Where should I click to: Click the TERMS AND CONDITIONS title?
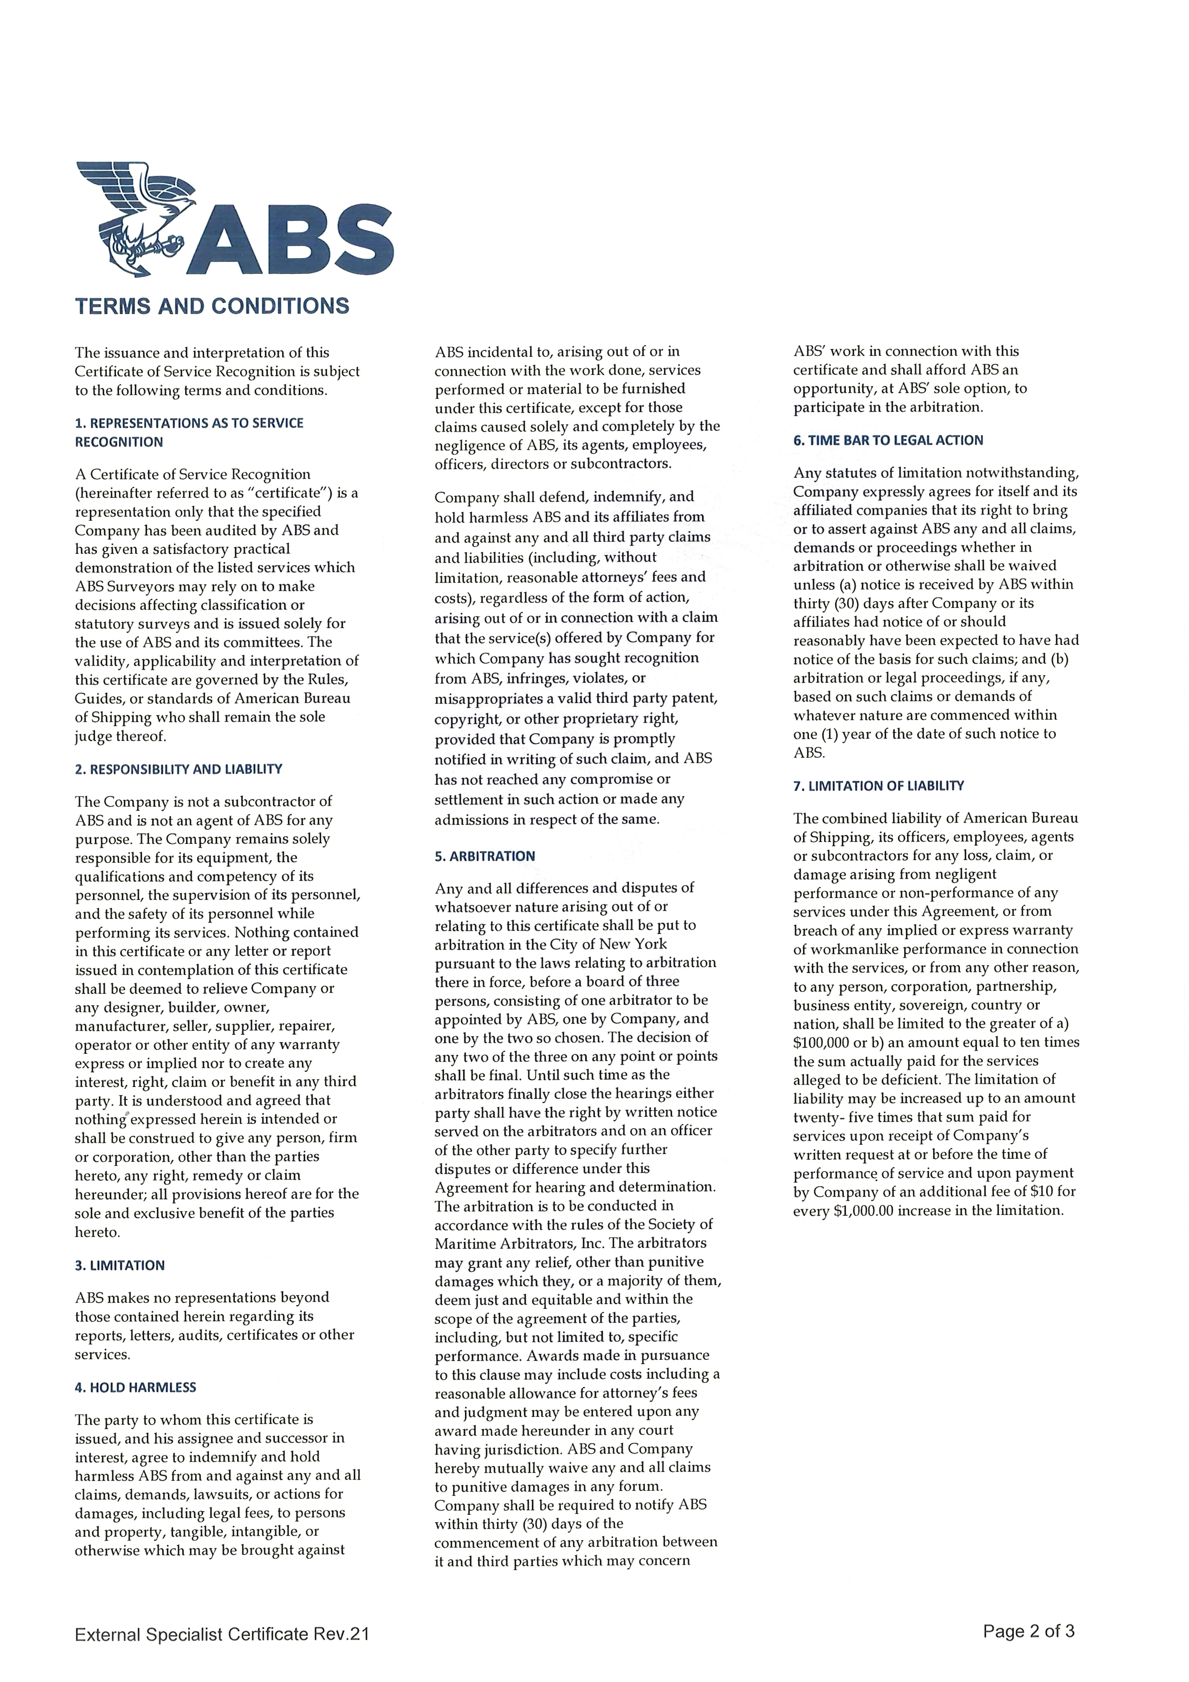(212, 306)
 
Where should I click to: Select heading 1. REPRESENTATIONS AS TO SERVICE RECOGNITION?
(189, 432)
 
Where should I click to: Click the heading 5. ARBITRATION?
(485, 856)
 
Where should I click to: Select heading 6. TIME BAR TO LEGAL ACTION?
(888, 440)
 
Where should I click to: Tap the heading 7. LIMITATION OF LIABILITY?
(878, 785)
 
